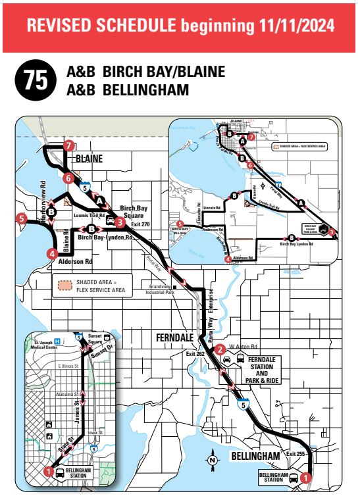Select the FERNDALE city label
tap(174, 337)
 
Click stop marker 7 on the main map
tap(68, 146)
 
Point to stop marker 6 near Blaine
tap(68, 178)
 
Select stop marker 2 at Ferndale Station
tap(221, 349)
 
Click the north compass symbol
tap(213, 459)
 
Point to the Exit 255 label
tap(296, 454)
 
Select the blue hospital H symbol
tap(57, 341)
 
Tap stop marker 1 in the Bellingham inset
tap(47, 470)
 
